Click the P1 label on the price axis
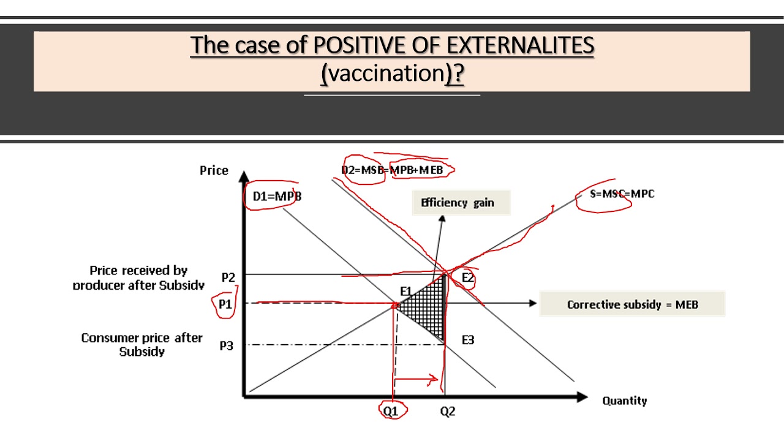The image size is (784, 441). point(225,304)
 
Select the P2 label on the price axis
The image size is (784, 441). point(228,277)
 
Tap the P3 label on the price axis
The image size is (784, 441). point(227,345)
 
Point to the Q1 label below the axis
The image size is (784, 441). point(391,412)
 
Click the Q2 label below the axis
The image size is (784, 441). point(448,412)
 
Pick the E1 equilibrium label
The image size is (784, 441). point(406,290)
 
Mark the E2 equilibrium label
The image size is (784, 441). point(468,278)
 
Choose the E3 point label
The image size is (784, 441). point(468,340)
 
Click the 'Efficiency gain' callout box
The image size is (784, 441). point(458,203)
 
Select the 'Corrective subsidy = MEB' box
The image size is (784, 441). point(632,304)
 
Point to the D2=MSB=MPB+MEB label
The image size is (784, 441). point(397,170)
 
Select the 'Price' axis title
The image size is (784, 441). point(214,170)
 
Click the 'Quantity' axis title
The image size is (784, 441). point(624,401)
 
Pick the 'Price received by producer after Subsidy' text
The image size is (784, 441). point(138,277)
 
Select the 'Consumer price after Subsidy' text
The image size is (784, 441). point(141,344)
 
